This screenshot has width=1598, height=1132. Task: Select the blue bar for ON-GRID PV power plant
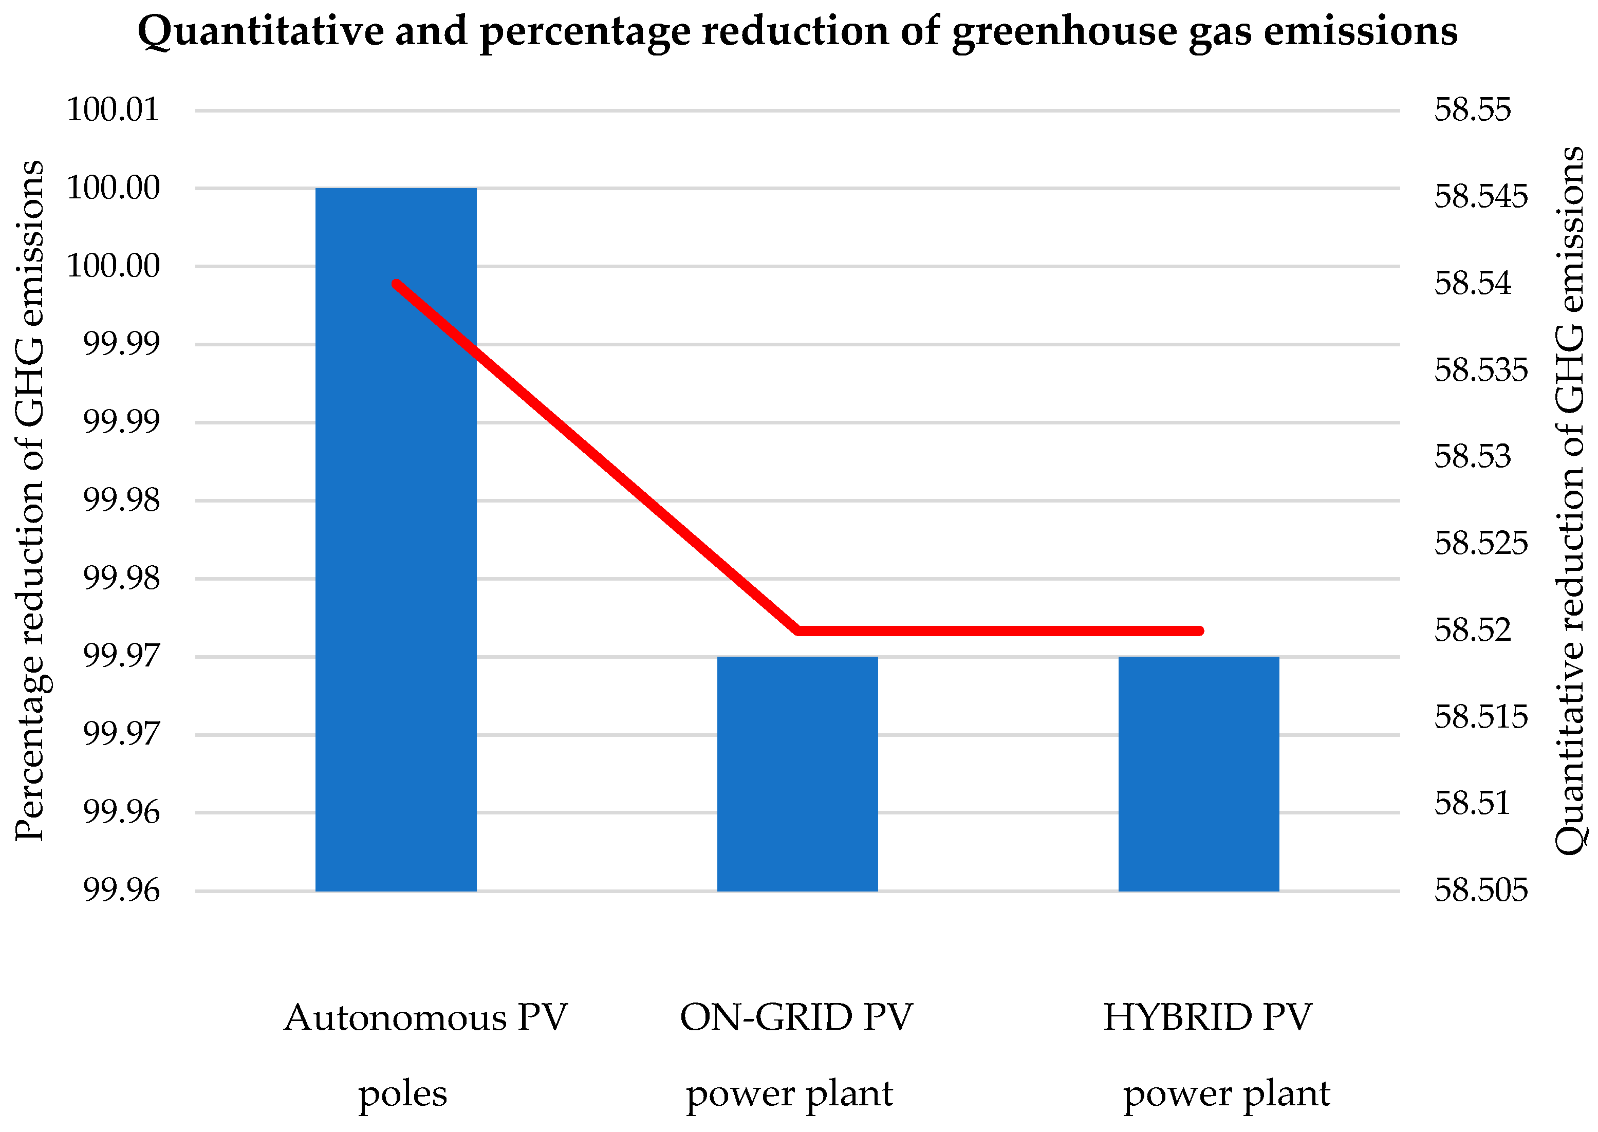[797, 774]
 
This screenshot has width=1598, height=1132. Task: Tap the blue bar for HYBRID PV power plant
[1199, 774]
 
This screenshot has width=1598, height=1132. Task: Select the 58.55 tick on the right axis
[1472, 110]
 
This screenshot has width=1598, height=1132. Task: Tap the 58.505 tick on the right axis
[1480, 890]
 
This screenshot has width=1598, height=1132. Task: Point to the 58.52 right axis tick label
[1472, 630]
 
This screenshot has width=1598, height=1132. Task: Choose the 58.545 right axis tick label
[1480, 197]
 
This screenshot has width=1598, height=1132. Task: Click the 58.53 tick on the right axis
[1472, 457]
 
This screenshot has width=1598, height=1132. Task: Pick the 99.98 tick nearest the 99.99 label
[121, 500]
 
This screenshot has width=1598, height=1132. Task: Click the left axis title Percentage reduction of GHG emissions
[29, 500]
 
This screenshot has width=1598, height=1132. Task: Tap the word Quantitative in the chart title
[260, 31]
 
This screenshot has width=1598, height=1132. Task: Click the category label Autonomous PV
[426, 1018]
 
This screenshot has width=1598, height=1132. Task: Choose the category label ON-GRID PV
[796, 1018]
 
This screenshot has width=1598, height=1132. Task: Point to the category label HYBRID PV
[1207, 1018]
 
